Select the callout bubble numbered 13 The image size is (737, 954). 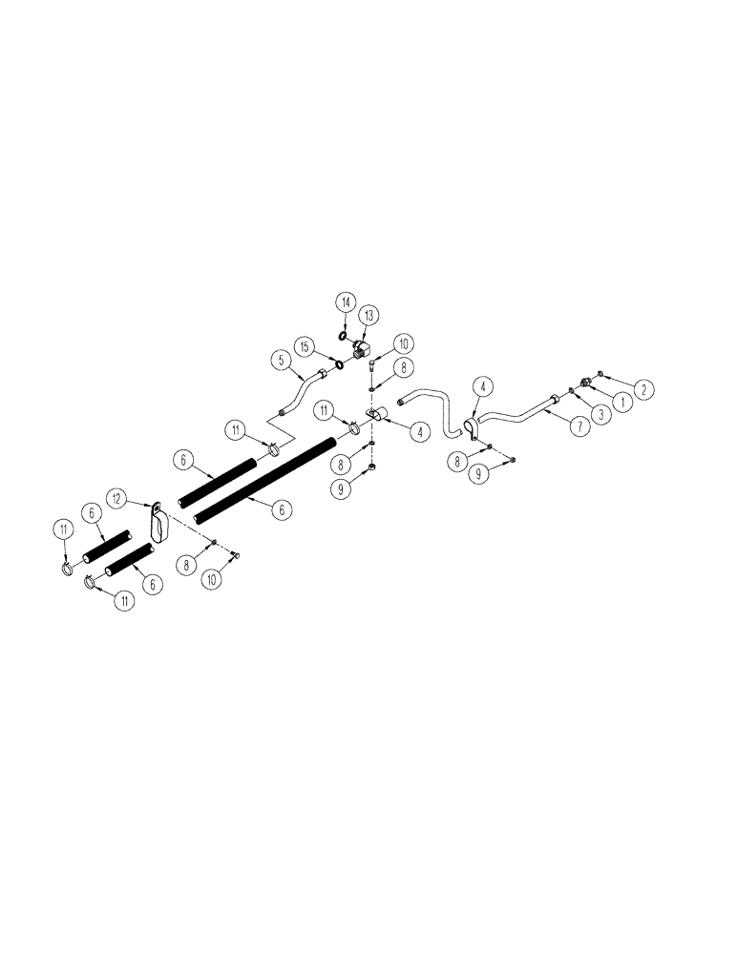tap(368, 315)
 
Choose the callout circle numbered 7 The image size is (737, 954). tap(579, 427)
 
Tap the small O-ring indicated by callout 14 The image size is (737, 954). tap(343, 336)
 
